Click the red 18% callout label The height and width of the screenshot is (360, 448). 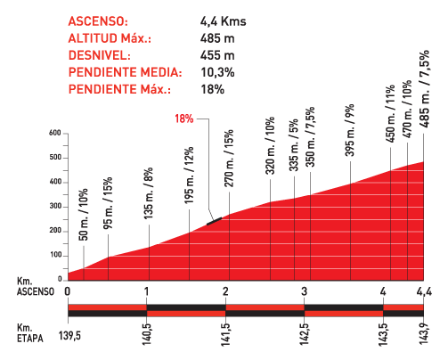tap(184, 119)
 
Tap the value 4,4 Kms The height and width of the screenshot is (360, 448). tap(224, 21)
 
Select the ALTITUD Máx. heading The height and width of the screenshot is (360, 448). tap(110, 38)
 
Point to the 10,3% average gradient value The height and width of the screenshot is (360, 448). tap(217, 72)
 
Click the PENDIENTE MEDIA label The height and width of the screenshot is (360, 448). tap(125, 72)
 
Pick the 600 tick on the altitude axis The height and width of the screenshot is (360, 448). tap(55, 134)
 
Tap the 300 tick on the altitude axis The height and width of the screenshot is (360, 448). tap(55, 207)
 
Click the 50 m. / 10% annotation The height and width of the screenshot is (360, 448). tap(84, 215)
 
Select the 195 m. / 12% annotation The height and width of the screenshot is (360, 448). tap(189, 176)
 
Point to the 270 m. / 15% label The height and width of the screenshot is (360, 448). tap(229, 159)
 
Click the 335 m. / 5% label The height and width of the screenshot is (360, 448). tap(294, 145)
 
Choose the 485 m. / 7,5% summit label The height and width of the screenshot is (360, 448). tap(425, 89)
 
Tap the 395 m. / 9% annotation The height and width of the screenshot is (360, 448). tap(350, 130)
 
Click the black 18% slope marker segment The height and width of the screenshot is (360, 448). tap(214, 221)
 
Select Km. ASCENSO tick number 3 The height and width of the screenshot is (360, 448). tap(304, 291)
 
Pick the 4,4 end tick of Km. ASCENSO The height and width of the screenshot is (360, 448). tap(424, 291)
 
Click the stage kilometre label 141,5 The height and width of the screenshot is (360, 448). tap(225, 334)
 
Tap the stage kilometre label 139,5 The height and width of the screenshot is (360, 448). tap(69, 336)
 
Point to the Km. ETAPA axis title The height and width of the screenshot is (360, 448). tap(30, 333)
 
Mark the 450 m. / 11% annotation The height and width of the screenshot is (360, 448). tap(390, 113)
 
